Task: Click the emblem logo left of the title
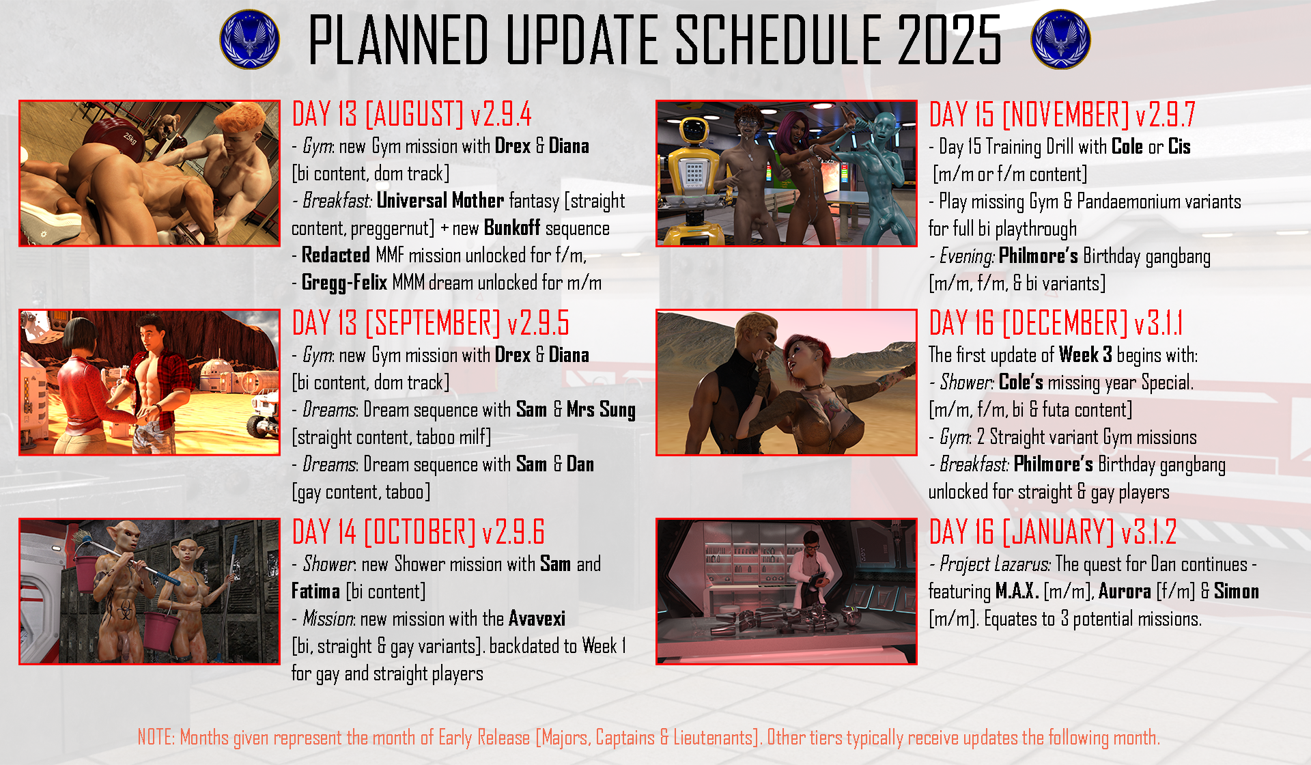pyautogui.click(x=250, y=40)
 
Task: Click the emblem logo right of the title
pyautogui.click(x=1060, y=40)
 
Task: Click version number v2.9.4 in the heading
pyautogui.click(x=501, y=114)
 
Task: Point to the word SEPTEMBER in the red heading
pyautogui.click(x=434, y=323)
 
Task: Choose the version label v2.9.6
pyautogui.click(x=513, y=532)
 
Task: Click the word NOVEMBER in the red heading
pyautogui.click(x=1066, y=114)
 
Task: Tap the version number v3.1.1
pyautogui.click(x=1159, y=323)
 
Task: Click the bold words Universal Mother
pyautogui.click(x=440, y=201)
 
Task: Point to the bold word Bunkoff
pyautogui.click(x=512, y=227)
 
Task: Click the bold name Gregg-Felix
pyautogui.click(x=345, y=283)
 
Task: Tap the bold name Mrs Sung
pyautogui.click(x=601, y=410)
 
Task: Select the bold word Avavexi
pyautogui.click(x=537, y=619)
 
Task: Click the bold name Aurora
pyautogui.click(x=1125, y=592)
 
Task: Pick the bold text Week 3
pyautogui.click(x=1086, y=355)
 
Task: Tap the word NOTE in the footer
pyautogui.click(x=156, y=738)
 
